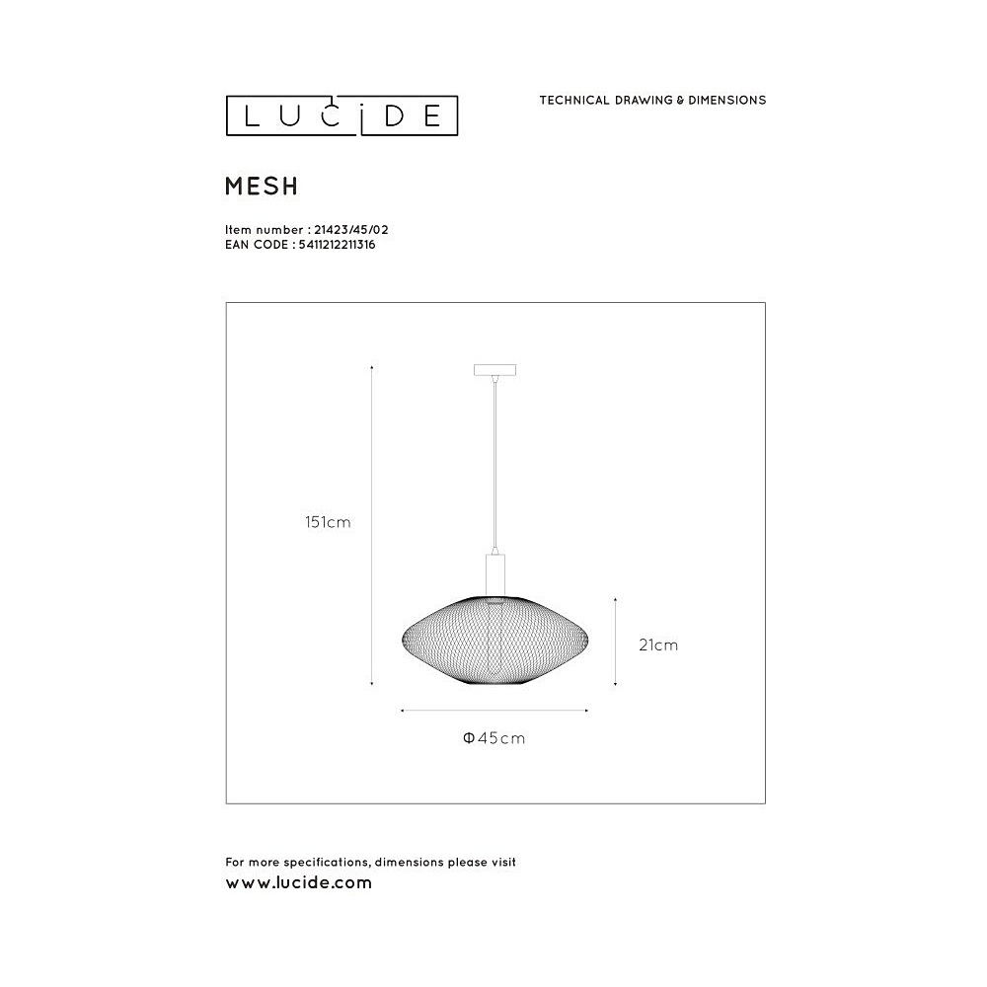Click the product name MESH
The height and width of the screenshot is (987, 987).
tap(262, 187)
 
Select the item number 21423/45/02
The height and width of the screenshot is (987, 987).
tap(351, 230)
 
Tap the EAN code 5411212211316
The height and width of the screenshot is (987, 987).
tap(337, 245)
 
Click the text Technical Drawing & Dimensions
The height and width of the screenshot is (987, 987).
tap(652, 100)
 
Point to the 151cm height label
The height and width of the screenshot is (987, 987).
tap(328, 522)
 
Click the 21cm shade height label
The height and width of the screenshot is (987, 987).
tap(658, 645)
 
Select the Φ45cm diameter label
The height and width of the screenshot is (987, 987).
tap(494, 737)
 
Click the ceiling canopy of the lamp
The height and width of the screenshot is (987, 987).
tap(494, 370)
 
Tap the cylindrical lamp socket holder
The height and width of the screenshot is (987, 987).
tap(495, 575)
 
